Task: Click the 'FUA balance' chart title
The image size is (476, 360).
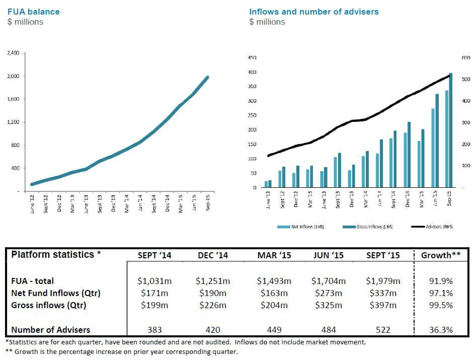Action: click(33, 12)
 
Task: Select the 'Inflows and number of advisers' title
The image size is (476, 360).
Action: click(314, 12)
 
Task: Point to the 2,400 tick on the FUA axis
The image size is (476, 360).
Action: click(13, 53)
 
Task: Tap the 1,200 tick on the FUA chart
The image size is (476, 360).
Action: click(13, 122)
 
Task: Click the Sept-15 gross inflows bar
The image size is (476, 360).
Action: click(451, 130)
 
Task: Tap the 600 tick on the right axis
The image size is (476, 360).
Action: click(465, 58)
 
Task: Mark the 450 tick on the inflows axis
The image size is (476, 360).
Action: click(253, 58)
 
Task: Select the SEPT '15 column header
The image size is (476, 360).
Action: click(383, 255)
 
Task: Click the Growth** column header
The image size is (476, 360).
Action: click(441, 255)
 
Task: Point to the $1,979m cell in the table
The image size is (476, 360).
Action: click(383, 281)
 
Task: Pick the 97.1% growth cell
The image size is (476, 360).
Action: click(441, 293)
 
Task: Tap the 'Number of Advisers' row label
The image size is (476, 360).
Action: click(51, 330)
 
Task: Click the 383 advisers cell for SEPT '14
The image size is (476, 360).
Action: click(154, 330)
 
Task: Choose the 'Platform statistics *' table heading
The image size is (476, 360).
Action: click(56, 254)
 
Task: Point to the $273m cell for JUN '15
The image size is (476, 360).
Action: click(328, 293)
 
